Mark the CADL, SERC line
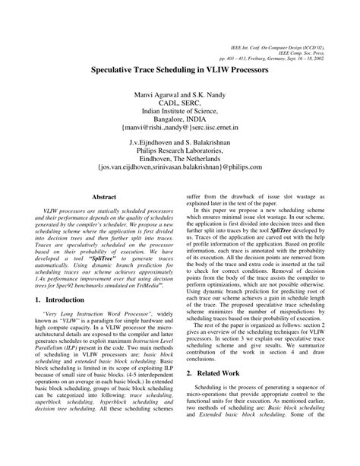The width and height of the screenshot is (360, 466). point(179,100)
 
